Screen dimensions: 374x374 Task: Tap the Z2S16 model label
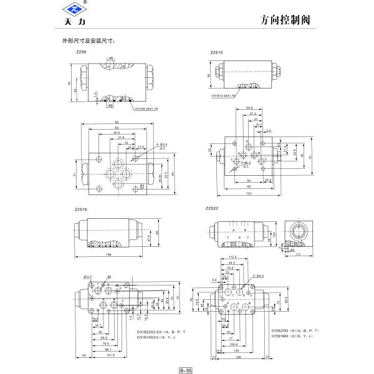81,209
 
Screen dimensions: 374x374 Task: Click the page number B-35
186,369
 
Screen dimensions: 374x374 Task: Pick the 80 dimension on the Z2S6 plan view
116,122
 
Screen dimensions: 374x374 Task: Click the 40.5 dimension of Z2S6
117,132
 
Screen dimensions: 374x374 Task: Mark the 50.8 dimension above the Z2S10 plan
249,107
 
